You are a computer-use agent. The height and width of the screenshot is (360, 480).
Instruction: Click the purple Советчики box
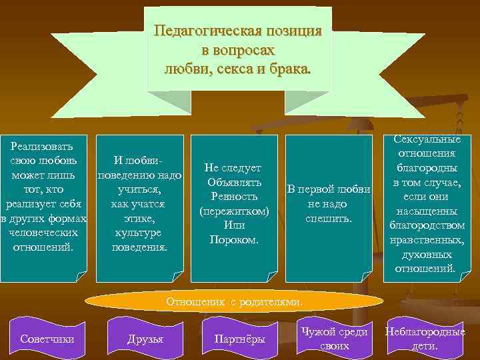pyautogui.click(x=47, y=339)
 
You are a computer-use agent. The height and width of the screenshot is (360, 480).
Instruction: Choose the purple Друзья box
pyautogui.click(x=145, y=339)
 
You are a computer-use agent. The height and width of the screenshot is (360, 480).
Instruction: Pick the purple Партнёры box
pyautogui.click(x=239, y=339)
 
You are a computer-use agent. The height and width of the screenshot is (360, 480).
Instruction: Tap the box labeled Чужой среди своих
pyautogui.click(x=334, y=339)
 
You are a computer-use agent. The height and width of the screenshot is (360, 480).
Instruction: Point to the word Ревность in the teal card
pyautogui.click(x=234, y=197)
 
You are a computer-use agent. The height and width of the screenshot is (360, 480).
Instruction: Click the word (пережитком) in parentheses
pyautogui.click(x=234, y=211)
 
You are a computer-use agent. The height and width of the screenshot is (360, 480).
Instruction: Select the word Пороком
pyautogui.click(x=234, y=239)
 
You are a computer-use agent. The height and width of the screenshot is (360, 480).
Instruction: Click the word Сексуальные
pyautogui.click(x=427, y=139)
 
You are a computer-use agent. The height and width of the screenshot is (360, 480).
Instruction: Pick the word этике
pyautogui.click(x=139, y=218)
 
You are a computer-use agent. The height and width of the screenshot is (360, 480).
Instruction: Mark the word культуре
pyautogui.click(x=139, y=233)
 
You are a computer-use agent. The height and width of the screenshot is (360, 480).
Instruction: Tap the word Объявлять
pyautogui.click(x=234, y=182)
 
